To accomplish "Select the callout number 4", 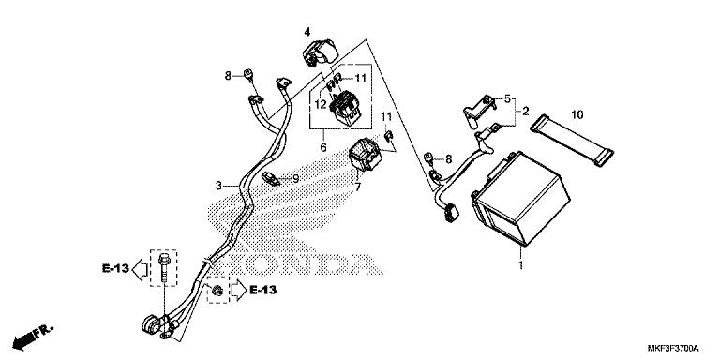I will (307, 33).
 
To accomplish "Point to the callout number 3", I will (217, 187).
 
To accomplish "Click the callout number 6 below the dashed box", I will (323, 146).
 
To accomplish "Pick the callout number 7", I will (356, 187).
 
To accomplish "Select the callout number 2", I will (526, 111).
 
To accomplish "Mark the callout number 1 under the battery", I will (521, 266).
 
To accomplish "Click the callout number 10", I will (576, 114).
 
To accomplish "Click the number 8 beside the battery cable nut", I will (448, 159).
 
